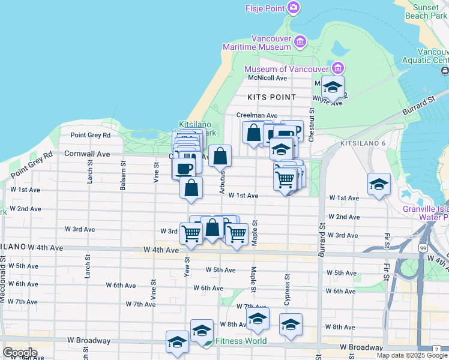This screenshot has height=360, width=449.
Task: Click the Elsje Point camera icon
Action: click(294, 8)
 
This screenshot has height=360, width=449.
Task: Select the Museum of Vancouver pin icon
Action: click(338, 67)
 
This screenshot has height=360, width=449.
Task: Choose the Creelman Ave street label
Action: click(257, 116)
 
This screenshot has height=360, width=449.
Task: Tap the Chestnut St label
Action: click(312, 125)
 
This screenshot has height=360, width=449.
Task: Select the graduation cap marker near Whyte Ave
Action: click(333, 88)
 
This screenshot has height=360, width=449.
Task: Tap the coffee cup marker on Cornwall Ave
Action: click(184, 167)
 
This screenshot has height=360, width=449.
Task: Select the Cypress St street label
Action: click(287, 286)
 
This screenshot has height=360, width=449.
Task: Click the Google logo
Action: click(19, 352)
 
